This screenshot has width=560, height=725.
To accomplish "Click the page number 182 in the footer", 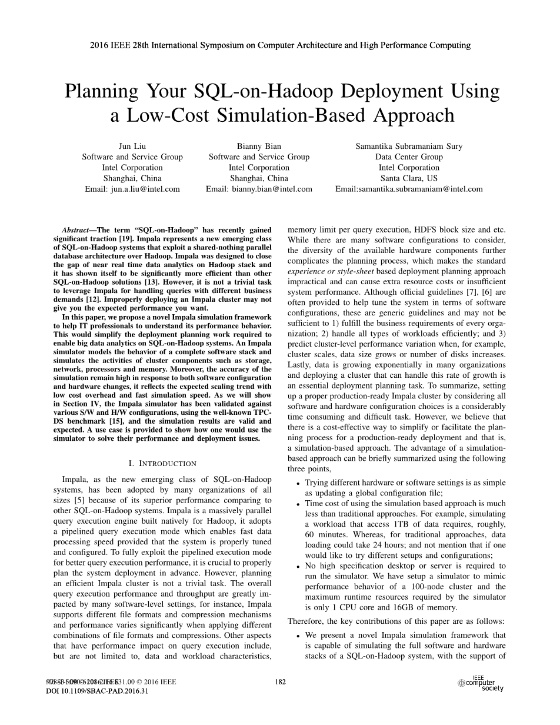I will click(x=281, y=682).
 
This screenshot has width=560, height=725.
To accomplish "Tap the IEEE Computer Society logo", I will click(x=481, y=683).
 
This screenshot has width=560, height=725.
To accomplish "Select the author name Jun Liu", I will click(x=132, y=146).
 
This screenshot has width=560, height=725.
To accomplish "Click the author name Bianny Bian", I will click(x=259, y=146).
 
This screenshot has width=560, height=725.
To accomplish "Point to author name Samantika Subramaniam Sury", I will click(x=409, y=146).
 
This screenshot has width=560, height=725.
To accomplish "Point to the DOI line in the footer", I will click(x=96, y=691).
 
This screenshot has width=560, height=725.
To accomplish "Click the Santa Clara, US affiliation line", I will click(x=409, y=178).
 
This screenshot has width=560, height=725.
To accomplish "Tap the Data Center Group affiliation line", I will click(x=409, y=157).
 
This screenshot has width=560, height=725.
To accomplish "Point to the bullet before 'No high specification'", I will click(x=299, y=566).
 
